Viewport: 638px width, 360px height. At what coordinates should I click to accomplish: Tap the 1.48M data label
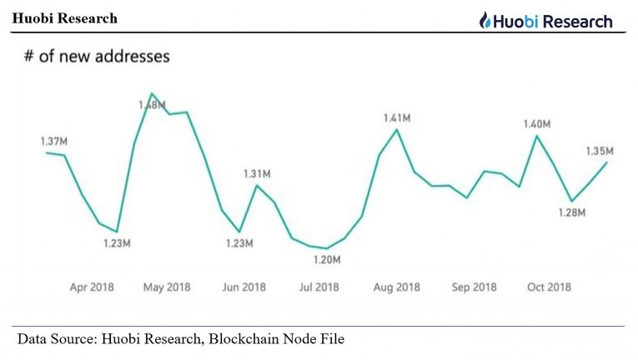click(152, 105)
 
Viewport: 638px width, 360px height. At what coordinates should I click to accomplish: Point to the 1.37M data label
click(53, 141)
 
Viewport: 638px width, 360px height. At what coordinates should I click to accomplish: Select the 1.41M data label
click(397, 118)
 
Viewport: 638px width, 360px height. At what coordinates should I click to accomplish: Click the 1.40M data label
click(536, 124)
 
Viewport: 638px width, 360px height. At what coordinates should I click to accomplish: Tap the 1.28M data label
click(572, 213)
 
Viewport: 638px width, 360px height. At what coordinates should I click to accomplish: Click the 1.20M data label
click(327, 260)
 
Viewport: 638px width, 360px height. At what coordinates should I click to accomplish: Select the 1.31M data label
click(257, 173)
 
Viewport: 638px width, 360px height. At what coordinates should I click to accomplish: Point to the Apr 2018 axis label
click(92, 287)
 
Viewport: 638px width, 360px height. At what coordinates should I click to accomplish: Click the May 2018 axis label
click(167, 287)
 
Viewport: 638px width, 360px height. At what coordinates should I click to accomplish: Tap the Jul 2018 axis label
click(319, 287)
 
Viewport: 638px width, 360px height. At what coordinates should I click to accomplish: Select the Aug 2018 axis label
click(396, 287)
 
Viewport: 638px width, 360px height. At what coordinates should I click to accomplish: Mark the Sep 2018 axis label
click(473, 287)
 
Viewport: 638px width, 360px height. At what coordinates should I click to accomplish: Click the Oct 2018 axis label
click(548, 287)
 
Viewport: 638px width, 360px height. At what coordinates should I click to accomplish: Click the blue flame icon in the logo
click(485, 21)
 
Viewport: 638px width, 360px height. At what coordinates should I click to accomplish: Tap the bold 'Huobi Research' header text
click(65, 18)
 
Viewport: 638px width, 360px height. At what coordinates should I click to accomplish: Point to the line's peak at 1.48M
click(152, 93)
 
